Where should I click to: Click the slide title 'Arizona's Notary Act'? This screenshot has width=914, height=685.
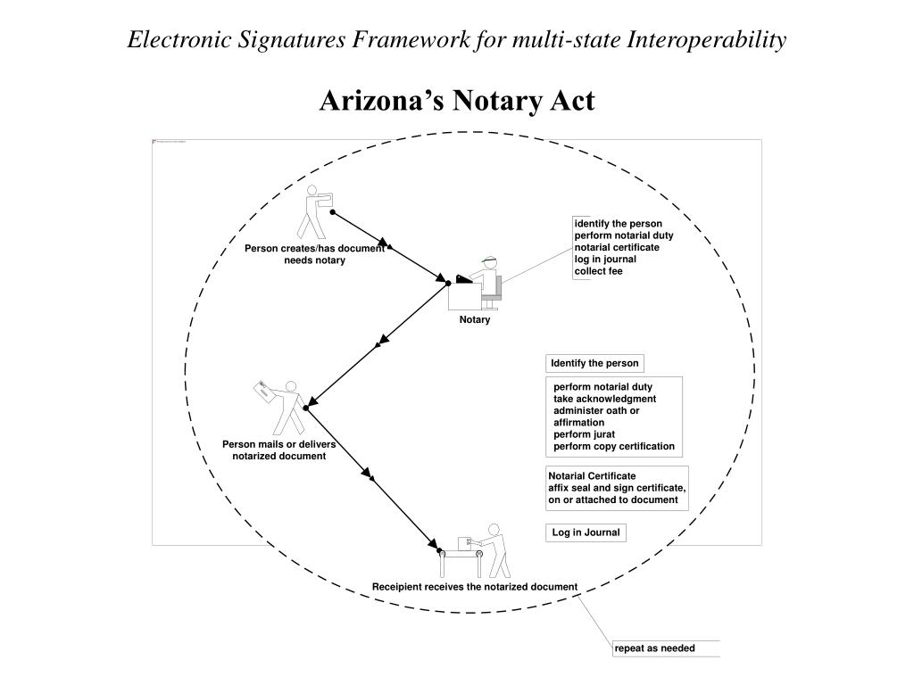[x=456, y=101]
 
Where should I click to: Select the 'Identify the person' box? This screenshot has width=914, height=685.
[x=594, y=363]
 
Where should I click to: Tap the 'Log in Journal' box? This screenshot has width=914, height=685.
[x=586, y=532]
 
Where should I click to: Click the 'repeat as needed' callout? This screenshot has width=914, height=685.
[x=654, y=648]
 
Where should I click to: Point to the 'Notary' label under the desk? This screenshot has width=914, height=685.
[x=475, y=320]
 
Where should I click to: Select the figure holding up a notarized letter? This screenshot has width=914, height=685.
[x=280, y=406]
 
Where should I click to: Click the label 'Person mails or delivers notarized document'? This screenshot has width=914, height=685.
[x=279, y=450]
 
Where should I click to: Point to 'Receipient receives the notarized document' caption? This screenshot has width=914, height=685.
[x=475, y=586]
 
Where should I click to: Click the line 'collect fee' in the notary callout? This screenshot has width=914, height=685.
[x=598, y=271]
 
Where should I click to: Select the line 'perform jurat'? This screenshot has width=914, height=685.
[x=584, y=434]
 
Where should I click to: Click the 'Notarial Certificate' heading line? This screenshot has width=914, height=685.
[x=592, y=476]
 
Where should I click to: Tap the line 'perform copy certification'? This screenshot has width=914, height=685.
[x=614, y=446]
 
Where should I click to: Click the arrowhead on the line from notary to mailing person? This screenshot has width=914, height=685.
[x=383, y=340]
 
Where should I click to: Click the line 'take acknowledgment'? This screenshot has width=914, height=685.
[x=604, y=399]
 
